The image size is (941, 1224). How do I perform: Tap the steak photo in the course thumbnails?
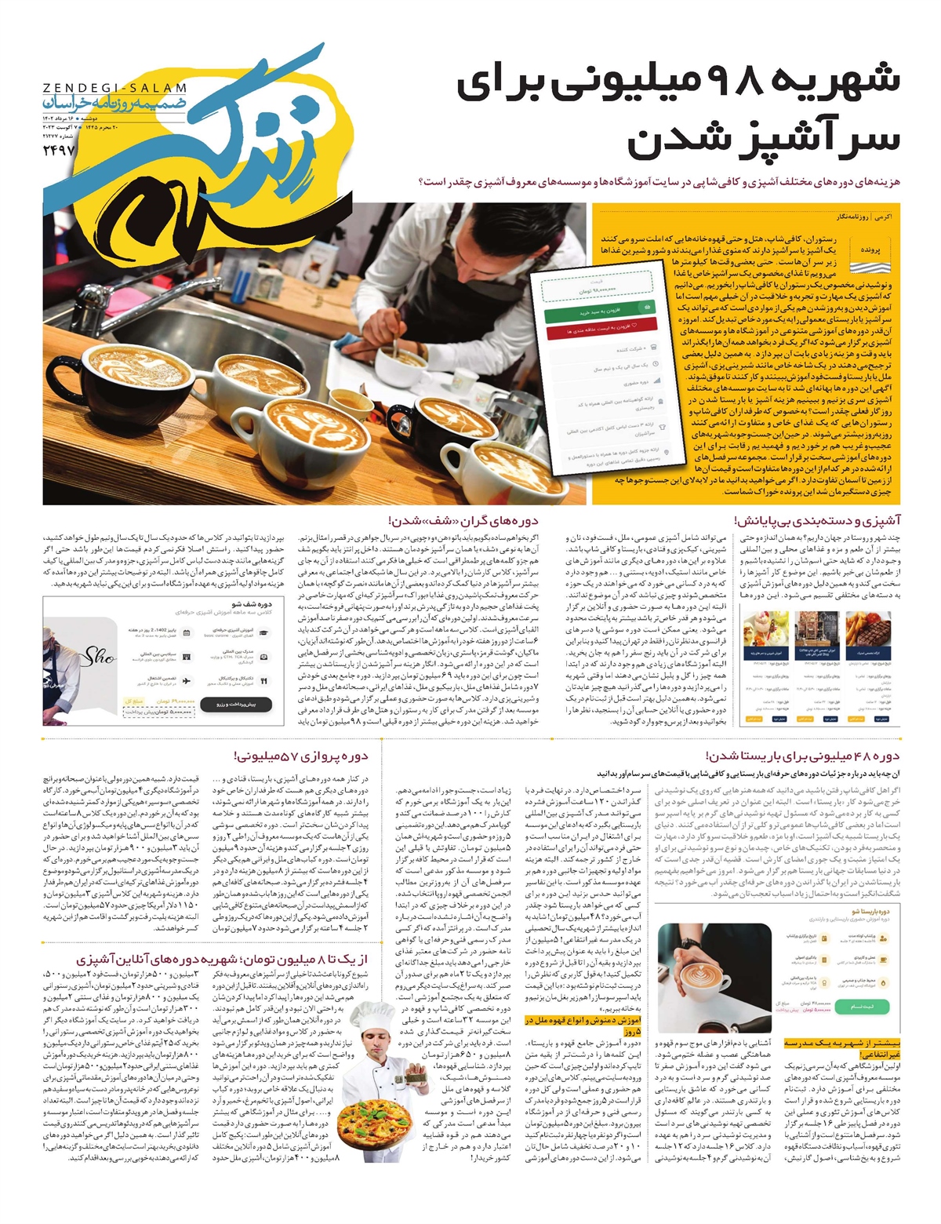[x=869, y=629]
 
